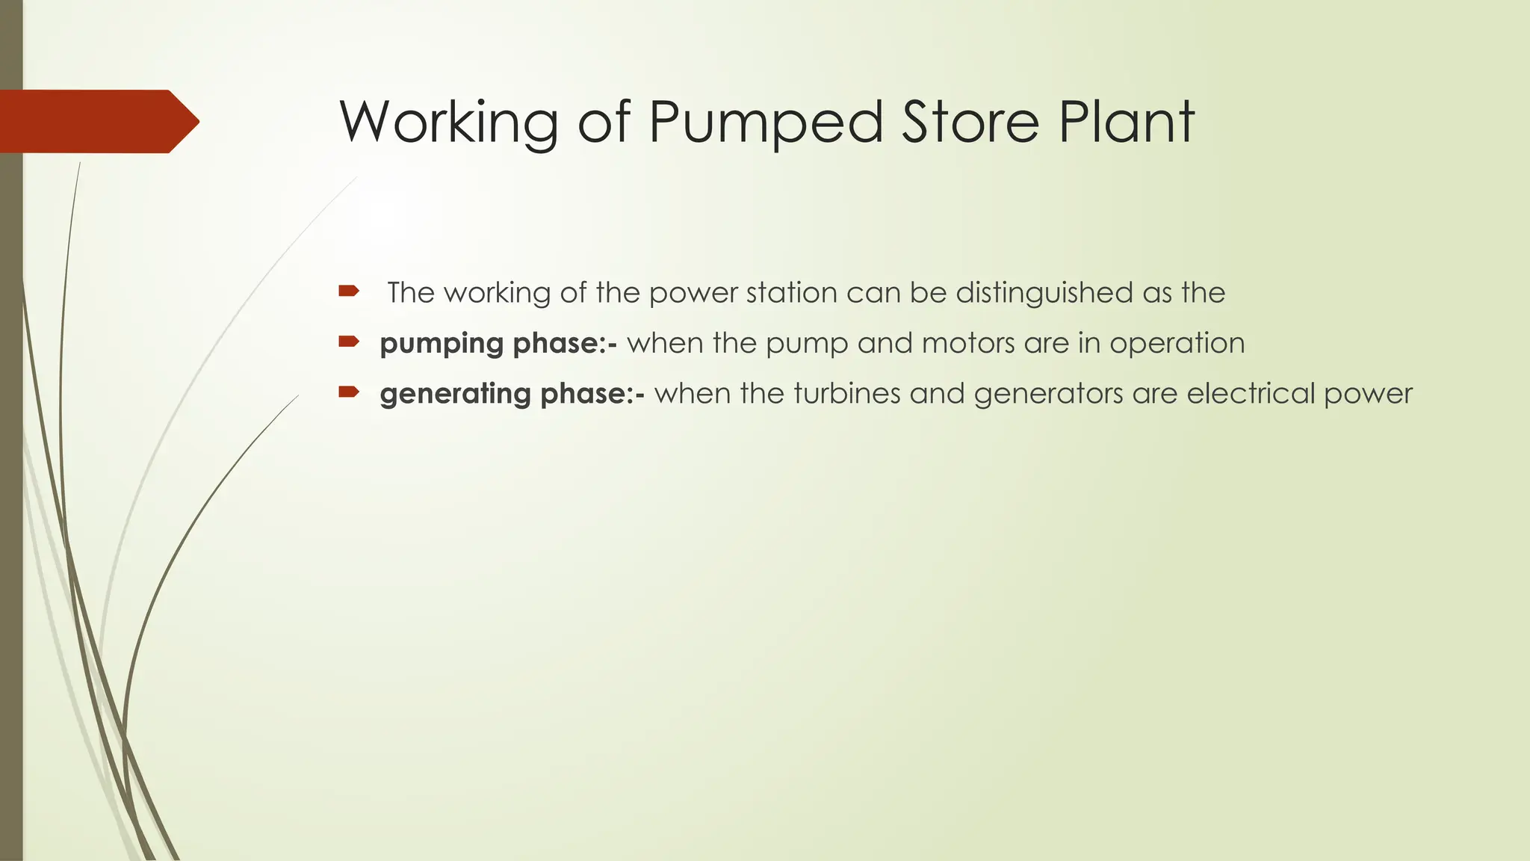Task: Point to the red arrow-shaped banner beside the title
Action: [x=97, y=121]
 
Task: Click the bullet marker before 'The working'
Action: [x=349, y=291]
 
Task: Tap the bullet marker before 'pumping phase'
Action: [x=349, y=342]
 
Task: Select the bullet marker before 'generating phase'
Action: [x=349, y=392]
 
